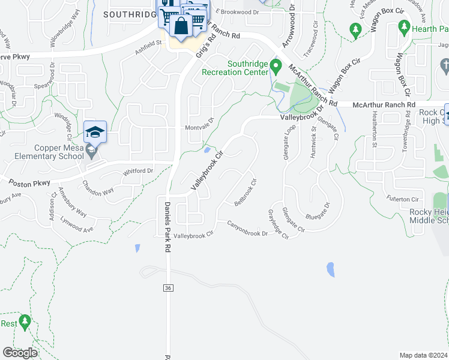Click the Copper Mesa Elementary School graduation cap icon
click(95, 132)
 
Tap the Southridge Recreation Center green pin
click(276, 65)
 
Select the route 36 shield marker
click(168, 289)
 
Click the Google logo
click(20, 353)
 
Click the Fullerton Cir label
click(402, 199)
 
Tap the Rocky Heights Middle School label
click(429, 216)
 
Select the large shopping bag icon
click(180, 26)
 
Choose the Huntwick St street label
click(314, 140)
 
